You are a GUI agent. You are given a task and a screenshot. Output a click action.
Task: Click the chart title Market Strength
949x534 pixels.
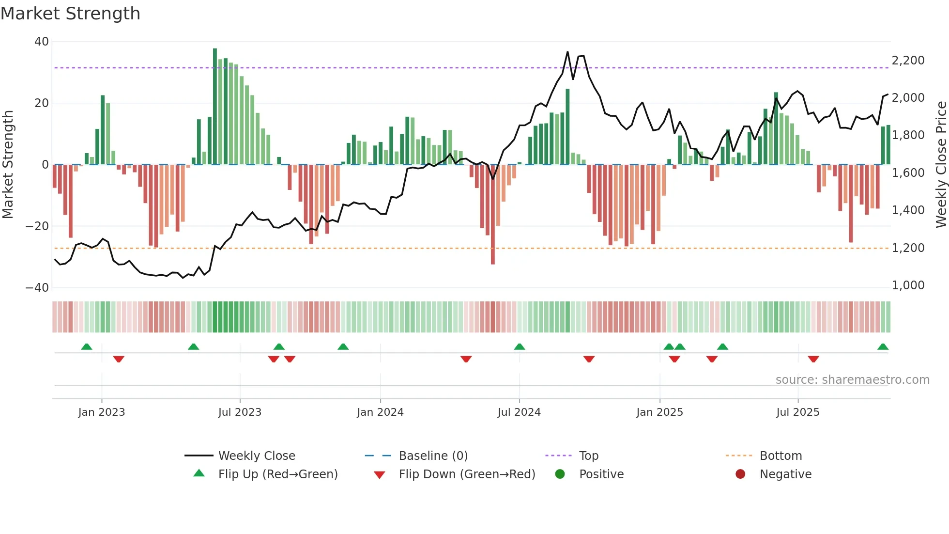(70, 14)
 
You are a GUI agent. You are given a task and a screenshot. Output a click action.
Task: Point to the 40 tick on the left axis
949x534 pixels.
(42, 42)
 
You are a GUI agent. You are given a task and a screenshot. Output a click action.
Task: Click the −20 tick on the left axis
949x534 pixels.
(37, 226)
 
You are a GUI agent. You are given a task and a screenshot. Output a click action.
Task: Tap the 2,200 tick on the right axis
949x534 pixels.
(908, 61)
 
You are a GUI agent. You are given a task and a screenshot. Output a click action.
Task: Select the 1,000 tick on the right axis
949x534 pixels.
(908, 285)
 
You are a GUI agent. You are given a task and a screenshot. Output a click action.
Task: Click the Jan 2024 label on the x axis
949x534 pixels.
(380, 412)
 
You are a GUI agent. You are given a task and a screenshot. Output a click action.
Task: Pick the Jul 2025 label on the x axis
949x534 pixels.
(797, 412)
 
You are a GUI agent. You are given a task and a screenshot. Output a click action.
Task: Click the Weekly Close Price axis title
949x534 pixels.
(941, 165)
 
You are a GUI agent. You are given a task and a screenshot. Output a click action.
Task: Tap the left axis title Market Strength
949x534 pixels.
(8, 165)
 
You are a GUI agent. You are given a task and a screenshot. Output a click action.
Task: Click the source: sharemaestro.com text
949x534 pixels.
(852, 380)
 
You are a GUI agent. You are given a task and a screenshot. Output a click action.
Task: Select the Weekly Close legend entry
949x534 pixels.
(257, 456)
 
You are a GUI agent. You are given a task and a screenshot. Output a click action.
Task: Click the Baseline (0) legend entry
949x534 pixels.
(433, 456)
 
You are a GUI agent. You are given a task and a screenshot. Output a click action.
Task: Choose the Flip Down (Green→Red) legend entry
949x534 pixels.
(467, 474)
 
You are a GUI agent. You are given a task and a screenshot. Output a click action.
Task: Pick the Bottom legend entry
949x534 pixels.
(781, 456)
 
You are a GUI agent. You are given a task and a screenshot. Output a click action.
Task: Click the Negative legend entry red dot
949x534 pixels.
(740, 474)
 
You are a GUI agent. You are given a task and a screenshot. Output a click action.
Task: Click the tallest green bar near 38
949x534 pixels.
(215, 107)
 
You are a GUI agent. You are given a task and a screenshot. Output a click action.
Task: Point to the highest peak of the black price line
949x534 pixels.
(567, 52)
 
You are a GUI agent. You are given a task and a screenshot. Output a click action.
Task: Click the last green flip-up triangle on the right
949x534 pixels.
(883, 347)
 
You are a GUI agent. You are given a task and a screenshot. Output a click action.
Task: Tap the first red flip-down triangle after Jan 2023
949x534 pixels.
(119, 359)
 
